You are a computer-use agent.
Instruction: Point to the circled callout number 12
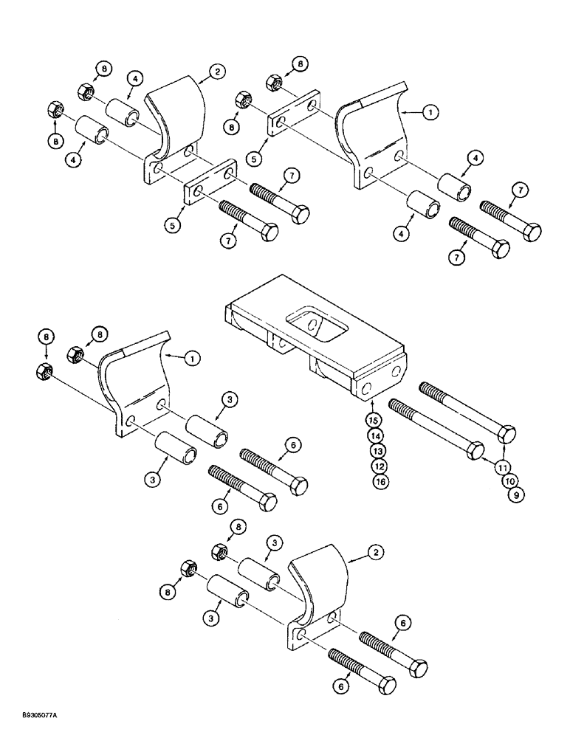click(x=377, y=466)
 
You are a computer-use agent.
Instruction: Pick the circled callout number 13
click(x=377, y=451)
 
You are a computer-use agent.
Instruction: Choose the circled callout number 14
click(x=377, y=435)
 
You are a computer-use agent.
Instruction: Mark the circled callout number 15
click(x=377, y=421)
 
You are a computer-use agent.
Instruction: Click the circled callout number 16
click(x=377, y=481)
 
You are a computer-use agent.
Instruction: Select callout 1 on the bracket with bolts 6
click(x=191, y=359)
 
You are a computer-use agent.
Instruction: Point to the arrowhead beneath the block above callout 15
click(x=374, y=405)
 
